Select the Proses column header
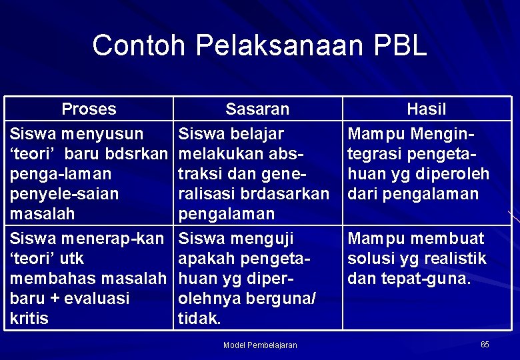pyautogui.click(x=89, y=109)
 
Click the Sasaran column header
pyautogui.click(x=257, y=109)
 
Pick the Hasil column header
pyautogui.click(x=427, y=109)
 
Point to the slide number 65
pyautogui.click(x=485, y=344)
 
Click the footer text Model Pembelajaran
pyautogui.click(x=260, y=345)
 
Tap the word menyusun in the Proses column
pyautogui.click(x=102, y=134)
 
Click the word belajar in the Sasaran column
pyautogui.click(x=259, y=134)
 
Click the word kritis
pyautogui.click(x=29, y=319)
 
